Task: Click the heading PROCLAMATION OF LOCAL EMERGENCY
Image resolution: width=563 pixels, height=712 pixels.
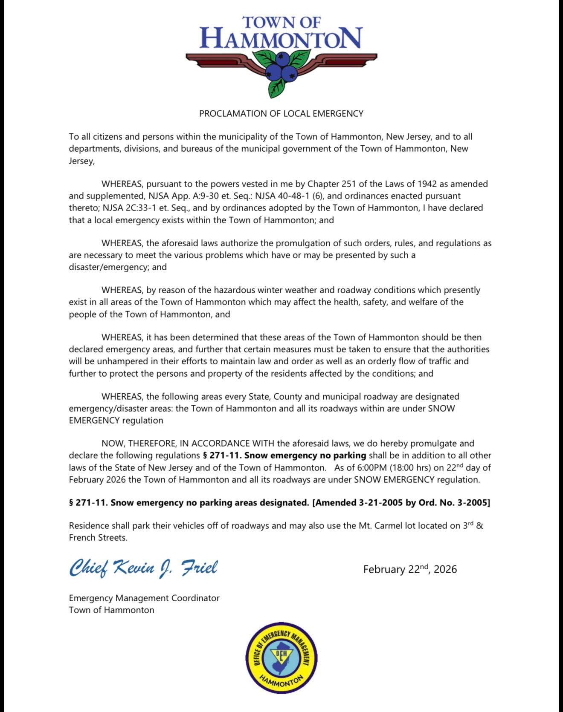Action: point(281,114)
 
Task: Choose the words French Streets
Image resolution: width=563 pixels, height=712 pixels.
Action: point(98,538)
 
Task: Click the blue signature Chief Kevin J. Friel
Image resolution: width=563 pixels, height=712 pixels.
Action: point(143,568)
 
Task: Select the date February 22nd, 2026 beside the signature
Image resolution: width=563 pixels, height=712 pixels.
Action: point(410,569)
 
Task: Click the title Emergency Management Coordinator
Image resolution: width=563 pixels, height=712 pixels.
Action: point(144,598)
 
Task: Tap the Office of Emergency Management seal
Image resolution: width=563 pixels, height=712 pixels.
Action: point(281,657)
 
